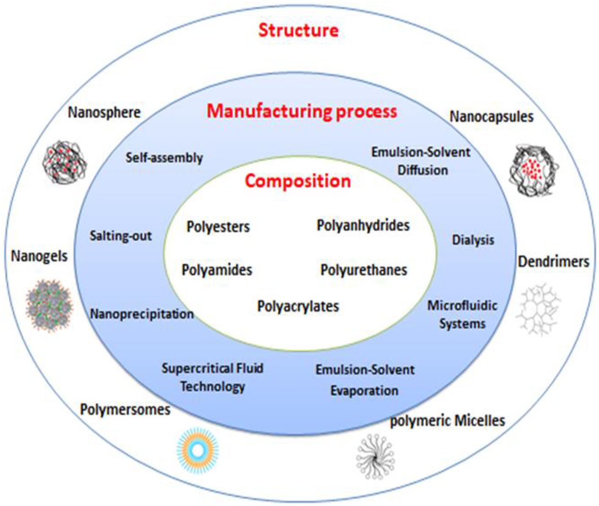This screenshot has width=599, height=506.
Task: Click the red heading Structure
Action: (x=298, y=30)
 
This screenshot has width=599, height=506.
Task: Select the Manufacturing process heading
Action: (x=302, y=111)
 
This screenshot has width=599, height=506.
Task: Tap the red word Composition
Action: (x=298, y=181)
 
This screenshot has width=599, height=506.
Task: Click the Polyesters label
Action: (x=218, y=227)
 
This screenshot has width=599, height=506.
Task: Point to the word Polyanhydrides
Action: (x=363, y=225)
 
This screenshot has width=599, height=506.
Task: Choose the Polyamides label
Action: (x=217, y=270)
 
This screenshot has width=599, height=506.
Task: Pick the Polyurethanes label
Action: (x=364, y=270)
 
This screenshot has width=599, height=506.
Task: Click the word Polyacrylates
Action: (x=298, y=306)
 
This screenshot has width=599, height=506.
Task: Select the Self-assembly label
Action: (x=164, y=158)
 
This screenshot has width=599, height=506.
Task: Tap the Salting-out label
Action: (x=120, y=236)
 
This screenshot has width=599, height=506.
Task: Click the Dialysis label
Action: (x=473, y=240)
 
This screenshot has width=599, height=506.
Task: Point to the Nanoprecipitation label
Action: (x=142, y=314)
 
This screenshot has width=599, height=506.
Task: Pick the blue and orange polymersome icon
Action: (x=197, y=450)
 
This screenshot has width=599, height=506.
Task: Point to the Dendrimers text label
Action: (x=553, y=262)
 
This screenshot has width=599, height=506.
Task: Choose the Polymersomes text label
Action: (x=125, y=409)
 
